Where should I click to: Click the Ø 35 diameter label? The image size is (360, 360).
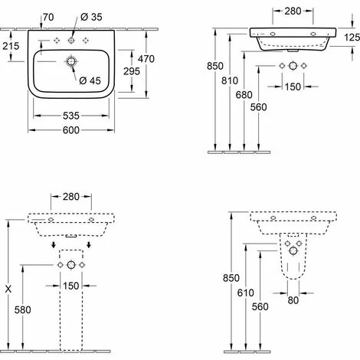[91, 17]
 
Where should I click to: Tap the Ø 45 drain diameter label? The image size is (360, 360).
[90, 80]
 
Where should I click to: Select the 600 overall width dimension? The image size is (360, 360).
[71, 130]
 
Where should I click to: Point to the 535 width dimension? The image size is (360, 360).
[71, 116]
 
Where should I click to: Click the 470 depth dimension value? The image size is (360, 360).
[146, 59]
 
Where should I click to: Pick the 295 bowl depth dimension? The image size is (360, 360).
[132, 71]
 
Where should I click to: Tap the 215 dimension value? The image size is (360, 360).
[11, 46]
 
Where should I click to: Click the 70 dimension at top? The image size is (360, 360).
[48, 17]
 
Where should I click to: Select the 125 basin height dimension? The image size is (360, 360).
[352, 38]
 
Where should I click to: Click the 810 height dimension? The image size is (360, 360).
[230, 80]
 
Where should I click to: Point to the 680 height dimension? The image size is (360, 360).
[244, 95]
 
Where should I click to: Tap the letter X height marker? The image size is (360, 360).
[8, 290]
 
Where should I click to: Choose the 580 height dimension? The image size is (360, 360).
[23, 310]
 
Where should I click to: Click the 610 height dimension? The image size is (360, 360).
[246, 293]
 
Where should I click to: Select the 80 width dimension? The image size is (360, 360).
[293, 300]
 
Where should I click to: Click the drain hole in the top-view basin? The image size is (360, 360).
[71, 61]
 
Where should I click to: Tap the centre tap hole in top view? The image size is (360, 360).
[71, 40]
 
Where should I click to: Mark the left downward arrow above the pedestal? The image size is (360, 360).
[53, 244]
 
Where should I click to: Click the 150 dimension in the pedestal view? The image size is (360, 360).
[71, 286]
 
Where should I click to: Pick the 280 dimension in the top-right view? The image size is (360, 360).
[293, 11]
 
